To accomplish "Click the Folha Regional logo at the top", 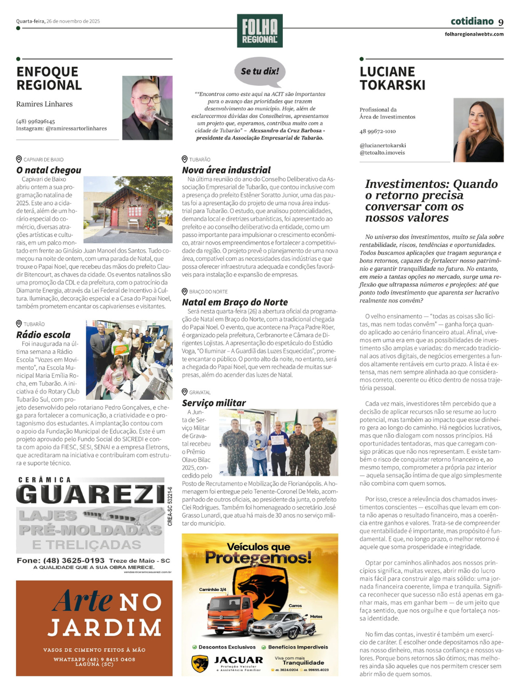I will pyautogui.click(x=259, y=31).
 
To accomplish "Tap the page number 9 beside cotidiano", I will pyautogui.click(x=501, y=22).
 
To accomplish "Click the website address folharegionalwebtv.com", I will pyautogui.click(x=474, y=34).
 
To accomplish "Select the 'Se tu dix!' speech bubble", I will pyautogui.click(x=260, y=71).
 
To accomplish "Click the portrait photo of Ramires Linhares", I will pyautogui.click(x=147, y=108).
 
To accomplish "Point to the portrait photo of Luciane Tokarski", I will pyautogui.click(x=478, y=130).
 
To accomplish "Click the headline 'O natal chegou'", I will pyautogui.click(x=49, y=170).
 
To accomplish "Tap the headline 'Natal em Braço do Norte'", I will pyautogui.click(x=235, y=302).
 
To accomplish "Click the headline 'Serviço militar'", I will pyautogui.click(x=214, y=403).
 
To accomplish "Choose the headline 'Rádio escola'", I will pyautogui.click(x=43, y=335).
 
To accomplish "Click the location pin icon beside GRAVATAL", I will pyautogui.click(x=185, y=392).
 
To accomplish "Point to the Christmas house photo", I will pyautogui.click(x=128, y=209).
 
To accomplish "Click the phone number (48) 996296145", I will pyautogui.click(x=35, y=121).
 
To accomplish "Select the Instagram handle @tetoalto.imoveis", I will pyautogui.click(x=382, y=153).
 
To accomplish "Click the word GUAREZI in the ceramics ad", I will pyautogui.click(x=91, y=494).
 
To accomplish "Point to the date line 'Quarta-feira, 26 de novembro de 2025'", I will pyautogui.click(x=58, y=21).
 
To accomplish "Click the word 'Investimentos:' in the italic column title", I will pyautogui.click(x=400, y=184).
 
